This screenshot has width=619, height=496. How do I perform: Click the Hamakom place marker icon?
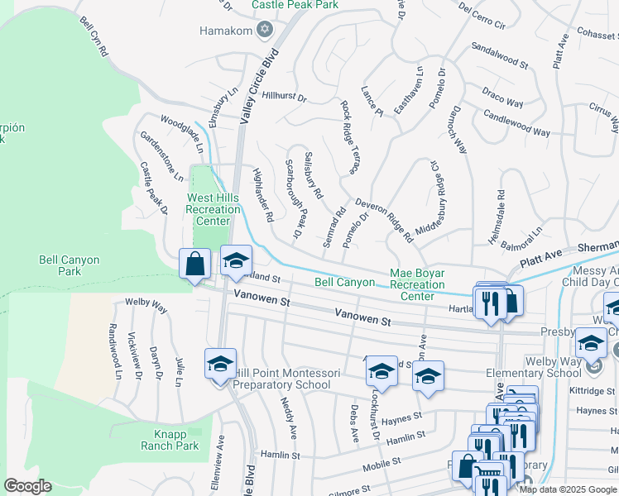click(x=265, y=31)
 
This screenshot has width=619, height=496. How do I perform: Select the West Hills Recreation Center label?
click(x=213, y=209)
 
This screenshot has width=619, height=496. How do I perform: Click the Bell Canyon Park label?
click(x=70, y=265)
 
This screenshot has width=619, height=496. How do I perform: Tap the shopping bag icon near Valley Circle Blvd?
click(x=194, y=265)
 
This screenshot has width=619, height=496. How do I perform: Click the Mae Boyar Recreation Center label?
click(x=417, y=284)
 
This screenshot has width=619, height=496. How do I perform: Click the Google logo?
click(x=27, y=485)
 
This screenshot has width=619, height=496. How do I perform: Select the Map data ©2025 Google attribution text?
click(x=568, y=489)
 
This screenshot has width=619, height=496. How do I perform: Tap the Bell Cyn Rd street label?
click(x=94, y=39)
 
